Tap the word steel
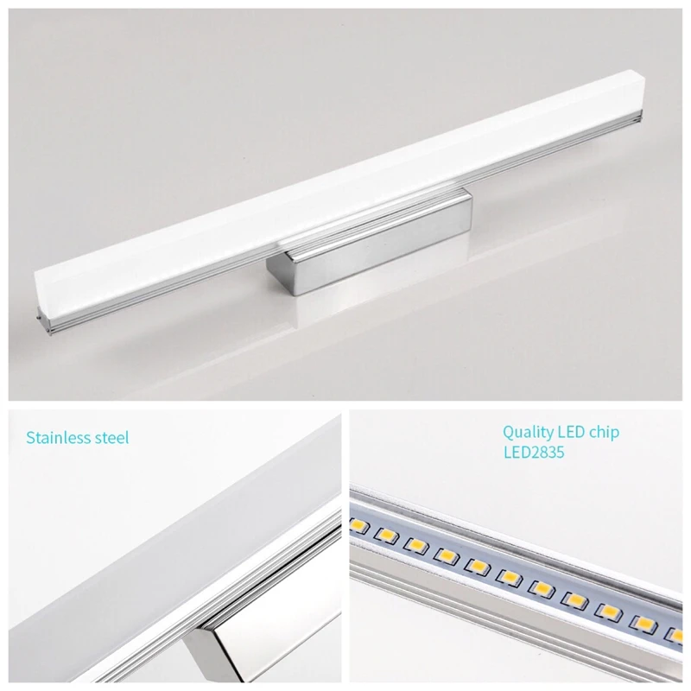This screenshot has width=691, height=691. coord(111,438)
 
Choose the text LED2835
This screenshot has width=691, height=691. coord(533,453)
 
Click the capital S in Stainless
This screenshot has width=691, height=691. coord(30,438)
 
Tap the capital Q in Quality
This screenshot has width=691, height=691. coord(509,433)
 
